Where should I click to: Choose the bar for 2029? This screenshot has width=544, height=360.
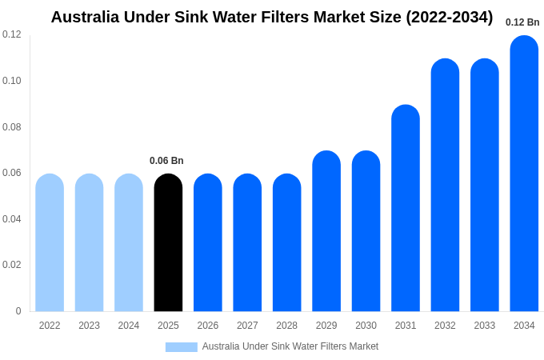[326, 231]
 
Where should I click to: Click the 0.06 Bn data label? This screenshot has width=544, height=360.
[166, 161]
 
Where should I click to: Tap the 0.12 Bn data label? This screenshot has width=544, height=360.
[522, 22]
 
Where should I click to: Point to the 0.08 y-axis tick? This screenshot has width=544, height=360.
[12, 127]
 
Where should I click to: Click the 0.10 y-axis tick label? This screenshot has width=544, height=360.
[12, 81]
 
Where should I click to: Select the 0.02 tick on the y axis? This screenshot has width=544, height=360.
[12, 265]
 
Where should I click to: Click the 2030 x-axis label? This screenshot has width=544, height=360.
[366, 326]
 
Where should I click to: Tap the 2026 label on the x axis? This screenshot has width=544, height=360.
[208, 326]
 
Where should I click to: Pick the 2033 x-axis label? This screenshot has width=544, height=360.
[484, 326]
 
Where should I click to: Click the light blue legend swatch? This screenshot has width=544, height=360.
[182, 347]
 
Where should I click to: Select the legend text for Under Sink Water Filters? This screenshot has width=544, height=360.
[290, 346]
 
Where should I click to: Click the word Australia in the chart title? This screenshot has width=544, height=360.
[85, 17]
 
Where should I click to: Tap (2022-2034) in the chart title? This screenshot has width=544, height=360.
[449, 17]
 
